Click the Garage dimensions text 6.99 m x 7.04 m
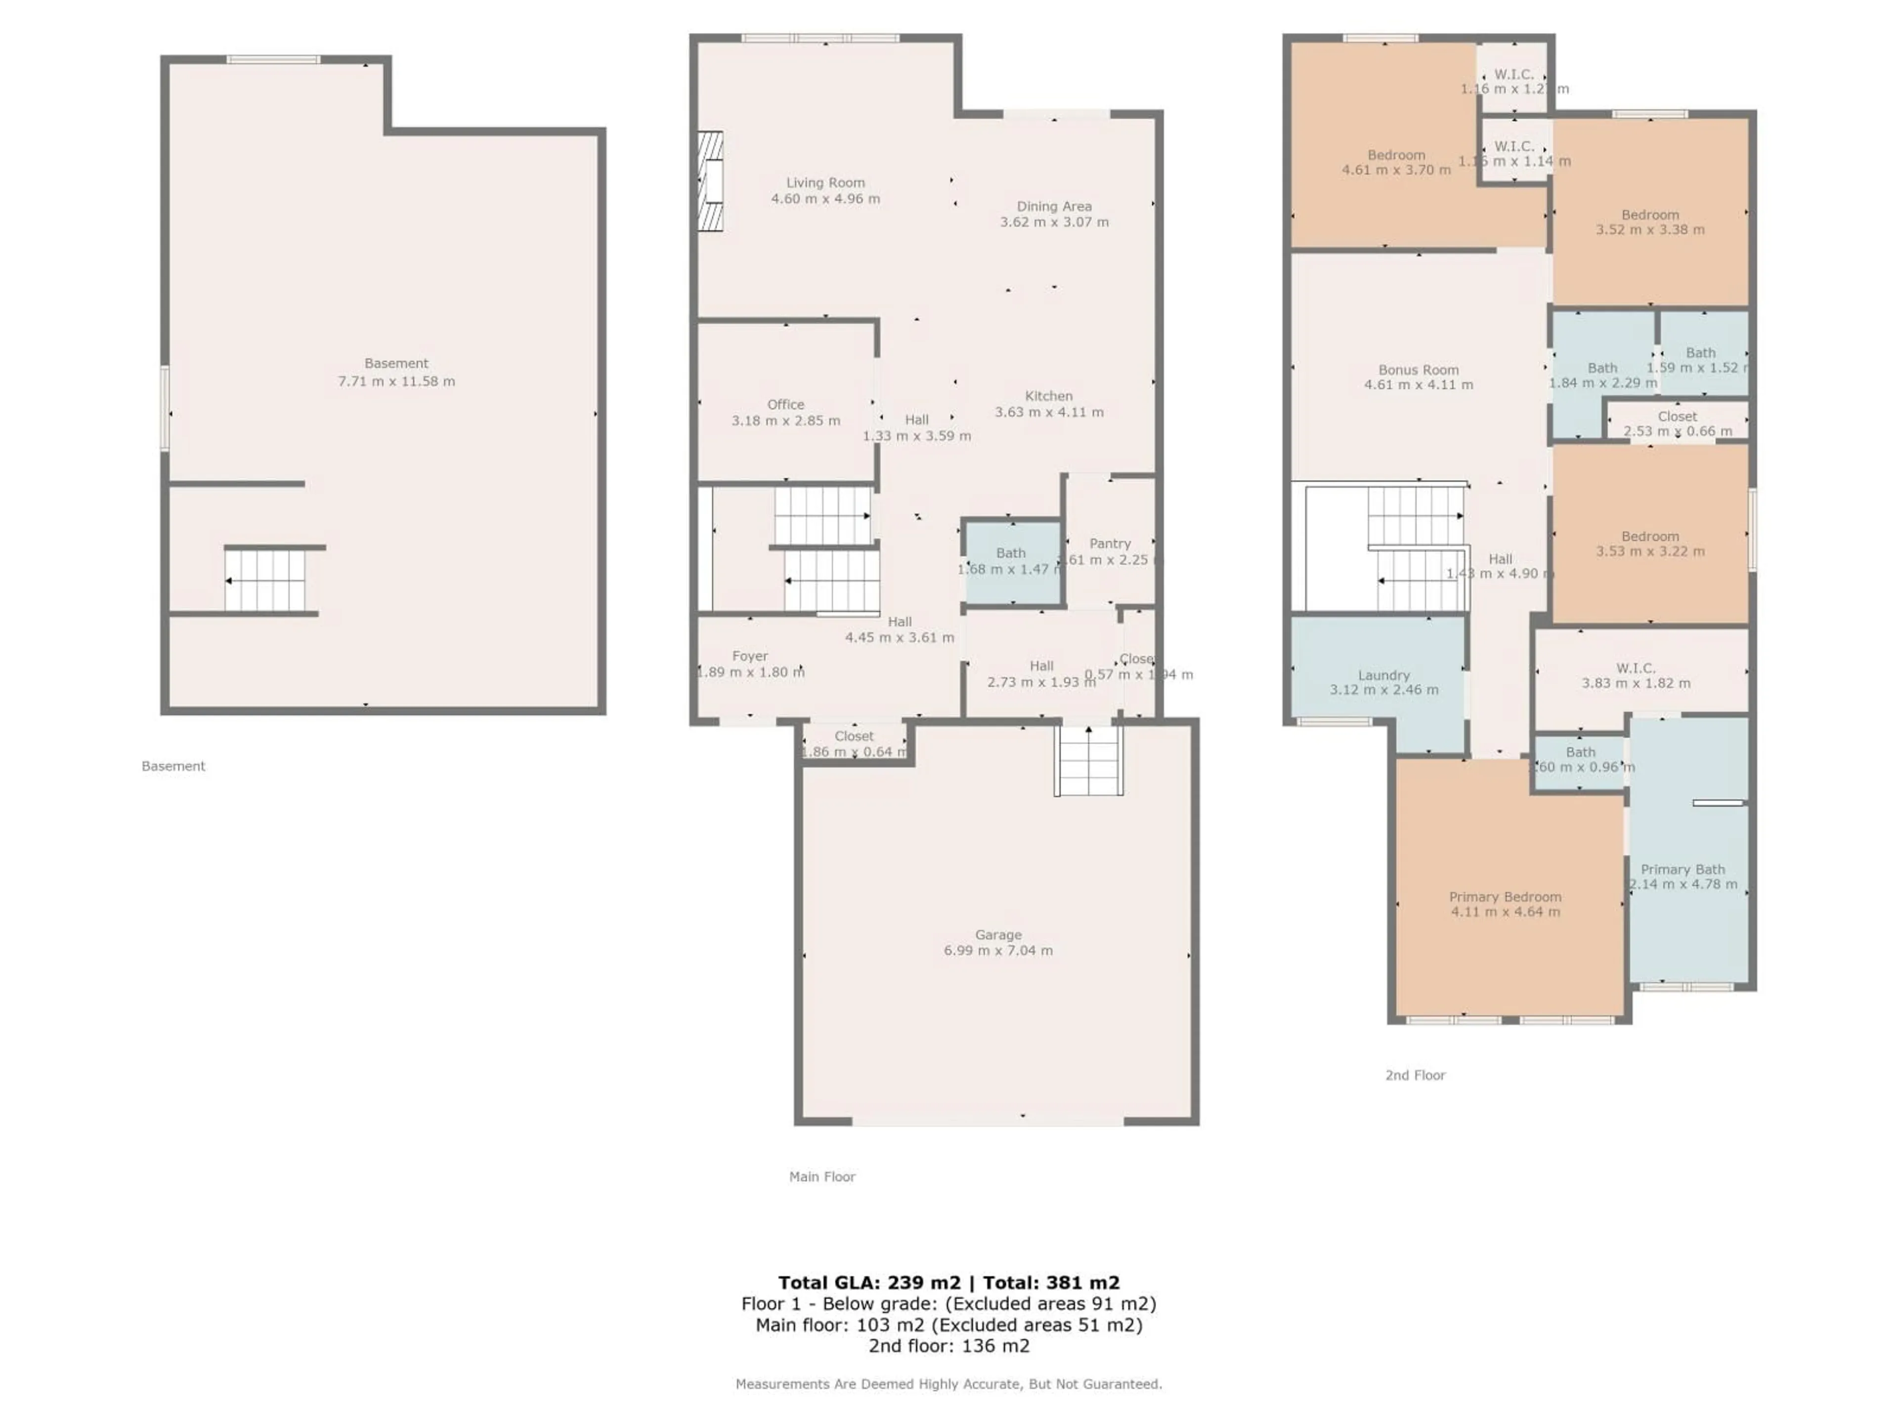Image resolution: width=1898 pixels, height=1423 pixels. click(x=998, y=950)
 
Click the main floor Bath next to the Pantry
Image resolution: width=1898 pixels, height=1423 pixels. click(x=1011, y=561)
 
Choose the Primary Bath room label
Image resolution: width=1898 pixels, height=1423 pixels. click(x=1682, y=870)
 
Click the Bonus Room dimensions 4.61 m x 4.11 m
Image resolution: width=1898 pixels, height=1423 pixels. click(x=1419, y=385)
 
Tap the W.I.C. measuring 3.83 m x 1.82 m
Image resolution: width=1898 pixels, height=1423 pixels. click(x=1636, y=675)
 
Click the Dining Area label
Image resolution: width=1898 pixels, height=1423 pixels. click(x=1054, y=207)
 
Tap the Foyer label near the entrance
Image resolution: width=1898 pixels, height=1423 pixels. click(x=749, y=656)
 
